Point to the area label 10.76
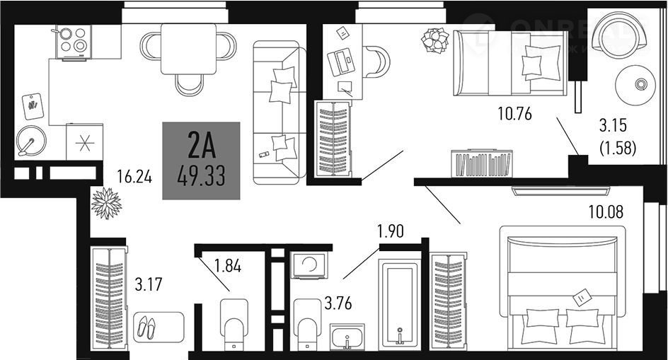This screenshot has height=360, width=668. [x=514, y=114]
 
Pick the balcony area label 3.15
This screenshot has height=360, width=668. [x=614, y=127]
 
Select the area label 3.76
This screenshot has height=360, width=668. [x=338, y=305]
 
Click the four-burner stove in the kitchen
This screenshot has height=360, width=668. [x=74, y=42]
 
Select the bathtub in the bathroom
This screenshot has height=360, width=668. [x=399, y=304]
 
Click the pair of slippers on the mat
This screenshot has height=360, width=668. [x=146, y=327]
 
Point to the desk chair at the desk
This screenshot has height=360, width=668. [x=377, y=61]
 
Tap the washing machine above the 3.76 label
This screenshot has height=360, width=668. [x=309, y=267]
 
